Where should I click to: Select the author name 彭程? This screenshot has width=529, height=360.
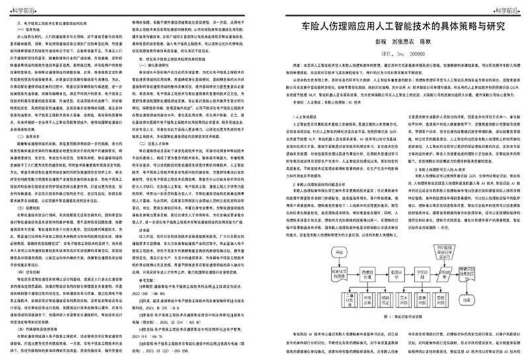(x=364, y=46)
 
